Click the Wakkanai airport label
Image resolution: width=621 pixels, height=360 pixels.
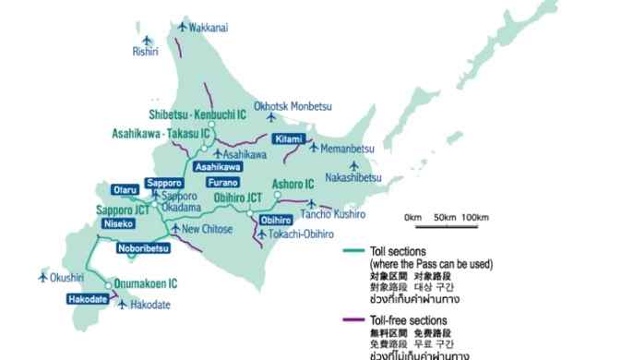209,29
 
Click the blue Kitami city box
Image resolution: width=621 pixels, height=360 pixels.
288,139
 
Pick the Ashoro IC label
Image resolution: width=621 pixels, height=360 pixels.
293,184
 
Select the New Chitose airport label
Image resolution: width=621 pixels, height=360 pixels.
205,229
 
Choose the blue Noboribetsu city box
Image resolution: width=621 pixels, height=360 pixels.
144,248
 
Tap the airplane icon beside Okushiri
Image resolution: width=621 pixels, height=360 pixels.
42,276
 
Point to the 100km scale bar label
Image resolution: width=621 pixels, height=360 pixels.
474,217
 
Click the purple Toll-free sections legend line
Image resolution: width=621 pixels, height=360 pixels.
352,319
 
